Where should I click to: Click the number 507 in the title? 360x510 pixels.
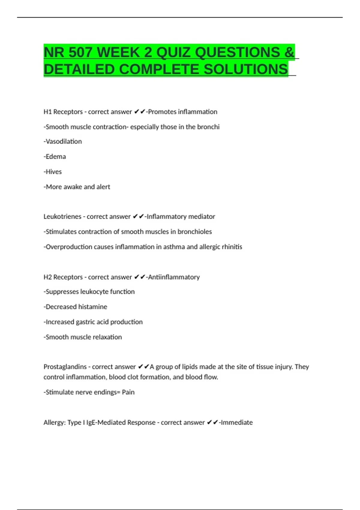click(x=80, y=52)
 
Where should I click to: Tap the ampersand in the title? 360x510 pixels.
click(x=289, y=52)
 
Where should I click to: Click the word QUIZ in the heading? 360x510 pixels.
click(x=174, y=52)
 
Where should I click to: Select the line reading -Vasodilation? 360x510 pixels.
click(x=63, y=142)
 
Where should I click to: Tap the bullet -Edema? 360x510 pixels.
click(x=55, y=157)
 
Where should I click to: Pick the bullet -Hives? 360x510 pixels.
click(x=52, y=172)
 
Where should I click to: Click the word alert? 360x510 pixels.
click(x=103, y=187)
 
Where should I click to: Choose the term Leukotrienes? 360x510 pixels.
click(x=62, y=217)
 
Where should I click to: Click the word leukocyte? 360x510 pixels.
click(x=94, y=292)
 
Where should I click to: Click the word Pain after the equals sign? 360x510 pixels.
click(x=128, y=392)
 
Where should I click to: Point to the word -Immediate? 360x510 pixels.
click(x=236, y=422)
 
